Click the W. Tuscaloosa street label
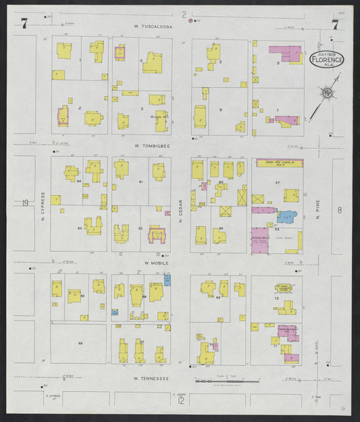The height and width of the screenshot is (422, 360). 153,27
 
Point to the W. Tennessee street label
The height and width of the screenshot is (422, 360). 151,379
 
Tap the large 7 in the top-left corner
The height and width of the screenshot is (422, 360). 24,24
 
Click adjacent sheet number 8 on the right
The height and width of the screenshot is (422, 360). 340,210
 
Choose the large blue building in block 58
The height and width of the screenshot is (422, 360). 286,217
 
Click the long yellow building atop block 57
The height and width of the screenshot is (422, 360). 278,163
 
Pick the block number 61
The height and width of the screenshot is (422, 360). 140,182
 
